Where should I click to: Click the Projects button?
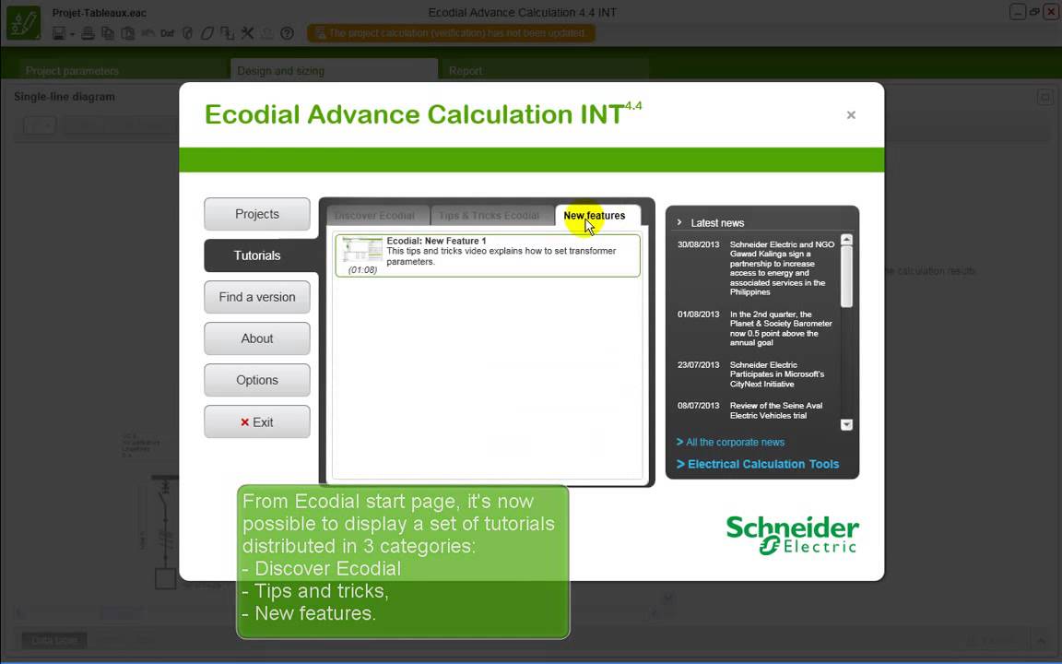[256, 214]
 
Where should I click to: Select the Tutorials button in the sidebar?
[256, 255]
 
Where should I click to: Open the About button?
[256, 338]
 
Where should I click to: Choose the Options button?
[256, 380]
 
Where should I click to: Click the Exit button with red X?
[256, 422]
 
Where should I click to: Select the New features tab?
[594, 216]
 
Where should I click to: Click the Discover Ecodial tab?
[374, 216]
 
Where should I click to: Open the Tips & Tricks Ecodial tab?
[489, 216]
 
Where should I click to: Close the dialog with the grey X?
[851, 115]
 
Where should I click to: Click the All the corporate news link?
[735, 443]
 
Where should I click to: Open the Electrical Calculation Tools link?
[762, 464]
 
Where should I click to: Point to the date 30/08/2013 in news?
[698, 245]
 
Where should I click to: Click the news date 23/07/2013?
[698, 365]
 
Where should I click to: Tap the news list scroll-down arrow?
[846, 425]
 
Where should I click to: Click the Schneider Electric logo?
[792, 535]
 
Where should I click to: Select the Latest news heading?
[716, 223]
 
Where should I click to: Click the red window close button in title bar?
[1049, 12]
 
